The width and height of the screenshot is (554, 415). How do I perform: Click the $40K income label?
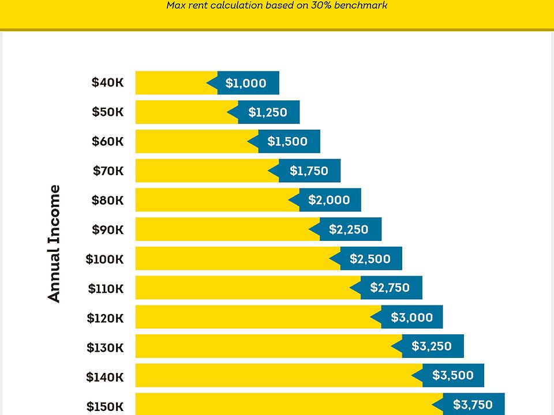pyautogui.click(x=107, y=82)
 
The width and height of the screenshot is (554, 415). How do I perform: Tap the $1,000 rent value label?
pyautogui.click(x=246, y=83)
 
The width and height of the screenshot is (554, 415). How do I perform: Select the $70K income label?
pyautogui.click(x=108, y=171)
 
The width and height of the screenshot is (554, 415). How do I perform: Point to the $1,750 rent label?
pyautogui.click(x=308, y=171)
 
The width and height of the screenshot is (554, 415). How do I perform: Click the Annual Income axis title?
pyautogui.click(x=54, y=243)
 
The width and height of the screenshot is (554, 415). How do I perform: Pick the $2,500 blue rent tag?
pyautogui.click(x=370, y=259)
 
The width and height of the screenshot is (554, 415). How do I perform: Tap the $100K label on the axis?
pyautogui.click(x=104, y=259)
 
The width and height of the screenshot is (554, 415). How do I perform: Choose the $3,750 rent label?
pyautogui.click(x=473, y=405)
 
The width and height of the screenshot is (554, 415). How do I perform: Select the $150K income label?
pyautogui.click(x=105, y=406)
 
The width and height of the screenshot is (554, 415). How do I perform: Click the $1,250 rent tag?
pyautogui.click(x=267, y=112)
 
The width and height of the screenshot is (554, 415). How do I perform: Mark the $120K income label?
pyautogui.click(x=105, y=318)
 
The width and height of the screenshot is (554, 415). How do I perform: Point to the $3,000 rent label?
pyautogui.click(x=411, y=317)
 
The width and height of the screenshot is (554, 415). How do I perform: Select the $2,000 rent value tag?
pyautogui.click(x=329, y=200)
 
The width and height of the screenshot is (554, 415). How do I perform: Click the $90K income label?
pyautogui.click(x=107, y=229)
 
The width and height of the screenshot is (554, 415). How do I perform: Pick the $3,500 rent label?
pyautogui.click(x=452, y=375)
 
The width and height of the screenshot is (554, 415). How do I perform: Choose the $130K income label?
pyautogui.click(x=105, y=348)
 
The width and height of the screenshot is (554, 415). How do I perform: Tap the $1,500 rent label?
pyautogui.click(x=287, y=141)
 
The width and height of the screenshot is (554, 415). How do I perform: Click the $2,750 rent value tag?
pyautogui.click(x=390, y=288)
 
